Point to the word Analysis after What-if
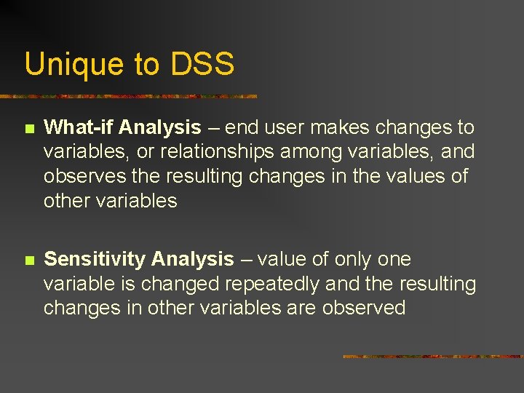[159, 128]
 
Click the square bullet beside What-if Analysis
[28, 129]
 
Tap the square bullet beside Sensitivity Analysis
[28, 260]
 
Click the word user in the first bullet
[289, 128]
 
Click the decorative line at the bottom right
[432, 357]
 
